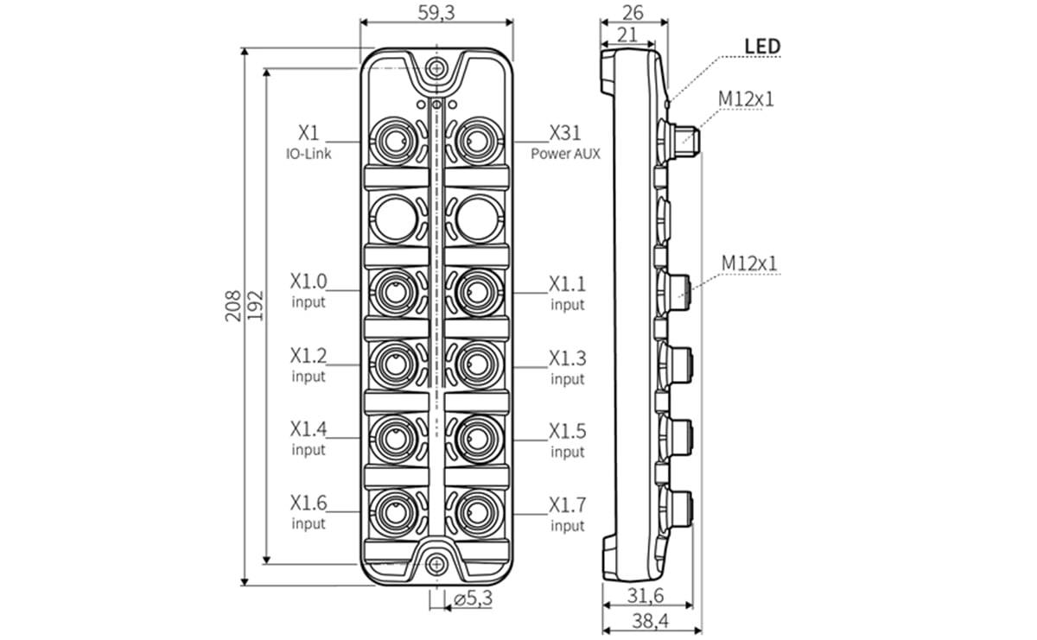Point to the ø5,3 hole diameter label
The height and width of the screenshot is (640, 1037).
(473, 598)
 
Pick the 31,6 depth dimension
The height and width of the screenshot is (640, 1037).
(645, 596)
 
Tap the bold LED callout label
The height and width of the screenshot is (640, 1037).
(761, 46)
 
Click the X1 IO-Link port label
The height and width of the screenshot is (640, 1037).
(309, 141)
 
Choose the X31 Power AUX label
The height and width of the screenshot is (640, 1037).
(565, 141)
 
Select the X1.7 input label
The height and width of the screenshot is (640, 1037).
(567, 513)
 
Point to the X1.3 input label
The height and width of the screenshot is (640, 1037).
(567, 366)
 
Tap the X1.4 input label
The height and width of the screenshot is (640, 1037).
(309, 438)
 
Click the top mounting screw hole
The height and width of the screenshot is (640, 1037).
(436, 68)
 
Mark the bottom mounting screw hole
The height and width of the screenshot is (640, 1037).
(436, 564)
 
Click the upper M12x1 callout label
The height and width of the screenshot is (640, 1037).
(746, 98)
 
